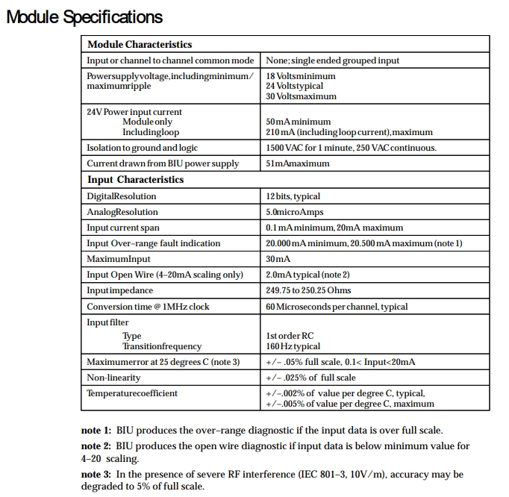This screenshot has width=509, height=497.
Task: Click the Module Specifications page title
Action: [84, 16]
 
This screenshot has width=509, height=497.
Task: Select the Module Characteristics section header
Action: [140, 45]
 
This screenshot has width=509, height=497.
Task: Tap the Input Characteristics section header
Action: [135, 180]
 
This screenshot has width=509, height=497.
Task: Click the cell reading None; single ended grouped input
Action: [332, 60]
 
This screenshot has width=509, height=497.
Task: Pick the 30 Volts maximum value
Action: [301, 96]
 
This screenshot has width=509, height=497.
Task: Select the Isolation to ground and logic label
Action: [142, 148]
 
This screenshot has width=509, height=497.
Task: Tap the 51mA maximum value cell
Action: [299, 163]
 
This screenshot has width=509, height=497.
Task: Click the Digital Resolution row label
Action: [122, 196]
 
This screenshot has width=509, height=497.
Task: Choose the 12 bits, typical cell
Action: [293, 196]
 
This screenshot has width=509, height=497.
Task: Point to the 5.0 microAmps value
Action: [295, 212]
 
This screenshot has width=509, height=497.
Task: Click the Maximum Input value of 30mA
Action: [278, 259]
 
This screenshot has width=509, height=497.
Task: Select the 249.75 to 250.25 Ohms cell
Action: [308, 290]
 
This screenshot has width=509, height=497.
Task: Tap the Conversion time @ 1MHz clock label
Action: [148, 307]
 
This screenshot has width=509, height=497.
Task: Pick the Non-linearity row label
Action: [113, 378]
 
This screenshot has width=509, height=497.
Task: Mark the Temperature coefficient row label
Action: [132, 393]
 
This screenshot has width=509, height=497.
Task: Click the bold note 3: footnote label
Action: [96, 475]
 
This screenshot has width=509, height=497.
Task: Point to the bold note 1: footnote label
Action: [96, 431]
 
